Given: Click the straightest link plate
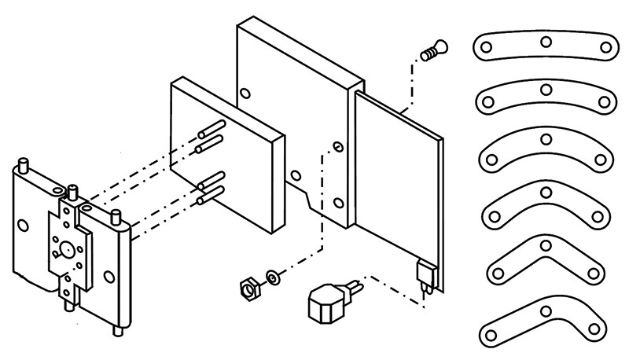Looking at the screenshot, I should pos(545,46).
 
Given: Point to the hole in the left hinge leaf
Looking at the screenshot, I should pos(24,226).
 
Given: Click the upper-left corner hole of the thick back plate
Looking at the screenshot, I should pos(246,94).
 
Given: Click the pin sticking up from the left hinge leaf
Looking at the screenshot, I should pos(24,164).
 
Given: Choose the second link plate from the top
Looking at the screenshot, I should pos(545,96).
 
